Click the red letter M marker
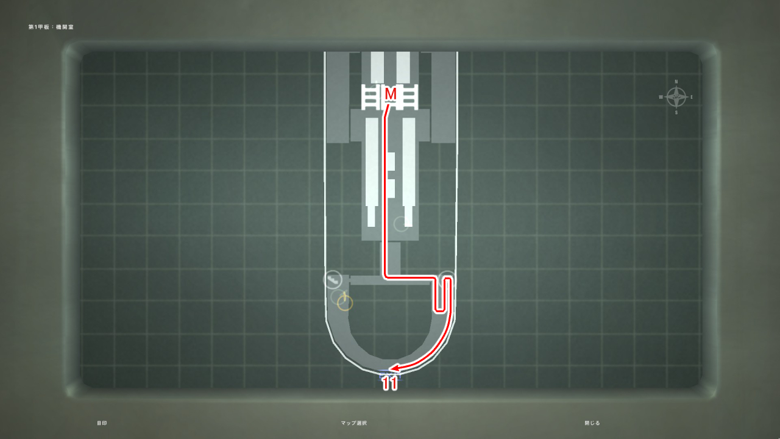coord(391,94)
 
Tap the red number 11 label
coord(390,384)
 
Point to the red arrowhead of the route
coord(394,368)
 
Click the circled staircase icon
coord(333,280)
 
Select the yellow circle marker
coord(345,302)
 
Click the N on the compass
coord(676,81)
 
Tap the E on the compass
coord(692,97)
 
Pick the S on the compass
coord(676,112)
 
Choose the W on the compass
coord(661,97)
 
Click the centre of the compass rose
coord(676,96)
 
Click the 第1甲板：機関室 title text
coord(51,27)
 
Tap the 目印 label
coord(102,423)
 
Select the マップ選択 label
coord(354,423)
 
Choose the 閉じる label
coord(592,423)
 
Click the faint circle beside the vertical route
coord(401,224)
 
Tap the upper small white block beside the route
coord(391,161)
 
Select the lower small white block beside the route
coord(391,188)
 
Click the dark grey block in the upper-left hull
coord(338,98)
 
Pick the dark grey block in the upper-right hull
coord(444,98)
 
